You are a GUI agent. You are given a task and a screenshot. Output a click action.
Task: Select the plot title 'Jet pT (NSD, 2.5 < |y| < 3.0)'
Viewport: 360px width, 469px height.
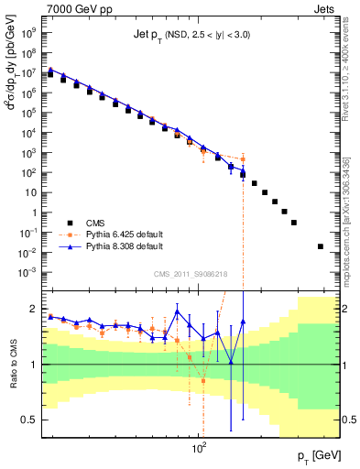pos(188,35)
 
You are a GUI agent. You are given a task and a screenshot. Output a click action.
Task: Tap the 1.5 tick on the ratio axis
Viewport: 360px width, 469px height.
pos(31,333)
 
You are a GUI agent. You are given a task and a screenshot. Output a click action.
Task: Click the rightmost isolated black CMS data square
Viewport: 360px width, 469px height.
pos(320,246)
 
